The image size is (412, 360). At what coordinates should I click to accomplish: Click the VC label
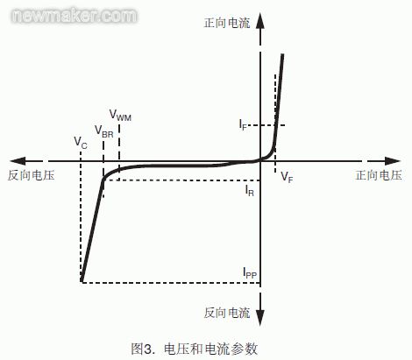pyautogui.click(x=81, y=143)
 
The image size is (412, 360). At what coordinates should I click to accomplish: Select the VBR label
pyautogui.click(x=103, y=131)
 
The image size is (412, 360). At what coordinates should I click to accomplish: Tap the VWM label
pyautogui.click(x=120, y=115)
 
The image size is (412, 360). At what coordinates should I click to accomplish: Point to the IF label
pyautogui.click(x=243, y=124)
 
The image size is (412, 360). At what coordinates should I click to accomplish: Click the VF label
pyautogui.click(x=287, y=177)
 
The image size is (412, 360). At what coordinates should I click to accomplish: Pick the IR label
pyautogui.click(x=249, y=190)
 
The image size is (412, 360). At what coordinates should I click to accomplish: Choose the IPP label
pyautogui.click(x=250, y=272)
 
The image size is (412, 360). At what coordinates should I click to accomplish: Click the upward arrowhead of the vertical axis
pyautogui.click(x=260, y=20)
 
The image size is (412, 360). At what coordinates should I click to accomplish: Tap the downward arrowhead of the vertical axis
pyautogui.click(x=260, y=317)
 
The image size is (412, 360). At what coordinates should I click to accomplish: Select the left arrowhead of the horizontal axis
pyautogui.click(x=18, y=161)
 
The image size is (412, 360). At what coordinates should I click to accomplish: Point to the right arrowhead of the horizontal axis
pyautogui.click(x=392, y=161)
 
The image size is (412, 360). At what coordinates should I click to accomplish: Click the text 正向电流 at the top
pyautogui.click(x=227, y=23)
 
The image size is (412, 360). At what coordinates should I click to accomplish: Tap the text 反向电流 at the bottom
pyautogui.click(x=227, y=313)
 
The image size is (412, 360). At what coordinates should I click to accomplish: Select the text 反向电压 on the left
pyautogui.click(x=32, y=175)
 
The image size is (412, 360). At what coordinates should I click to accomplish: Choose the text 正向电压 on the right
pyautogui.click(x=379, y=175)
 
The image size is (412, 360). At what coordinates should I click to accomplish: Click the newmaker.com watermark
pyautogui.click(x=74, y=16)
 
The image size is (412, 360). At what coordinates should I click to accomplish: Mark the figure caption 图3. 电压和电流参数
pyautogui.click(x=195, y=349)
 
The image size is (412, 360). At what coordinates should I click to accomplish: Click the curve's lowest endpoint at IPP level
pyautogui.click(x=82, y=281)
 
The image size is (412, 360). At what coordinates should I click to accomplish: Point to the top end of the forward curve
pyautogui.click(x=282, y=54)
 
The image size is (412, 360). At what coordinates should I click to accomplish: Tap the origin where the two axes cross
pyautogui.click(x=260, y=161)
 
